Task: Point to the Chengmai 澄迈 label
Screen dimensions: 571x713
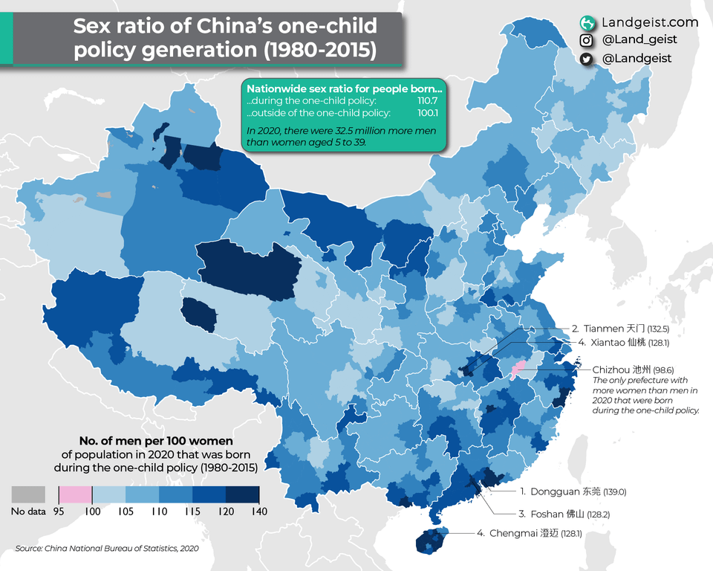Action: click(x=523, y=533)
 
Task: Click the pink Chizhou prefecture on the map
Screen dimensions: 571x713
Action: click(x=519, y=367)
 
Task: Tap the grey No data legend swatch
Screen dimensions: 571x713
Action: click(x=28, y=495)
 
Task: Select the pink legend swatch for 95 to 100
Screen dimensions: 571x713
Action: click(x=75, y=495)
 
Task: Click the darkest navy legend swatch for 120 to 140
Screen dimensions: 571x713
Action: click(x=242, y=495)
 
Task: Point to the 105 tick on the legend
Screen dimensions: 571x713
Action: click(x=126, y=512)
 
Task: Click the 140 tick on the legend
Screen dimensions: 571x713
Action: click(x=258, y=512)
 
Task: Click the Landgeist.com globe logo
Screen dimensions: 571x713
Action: click(x=587, y=23)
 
